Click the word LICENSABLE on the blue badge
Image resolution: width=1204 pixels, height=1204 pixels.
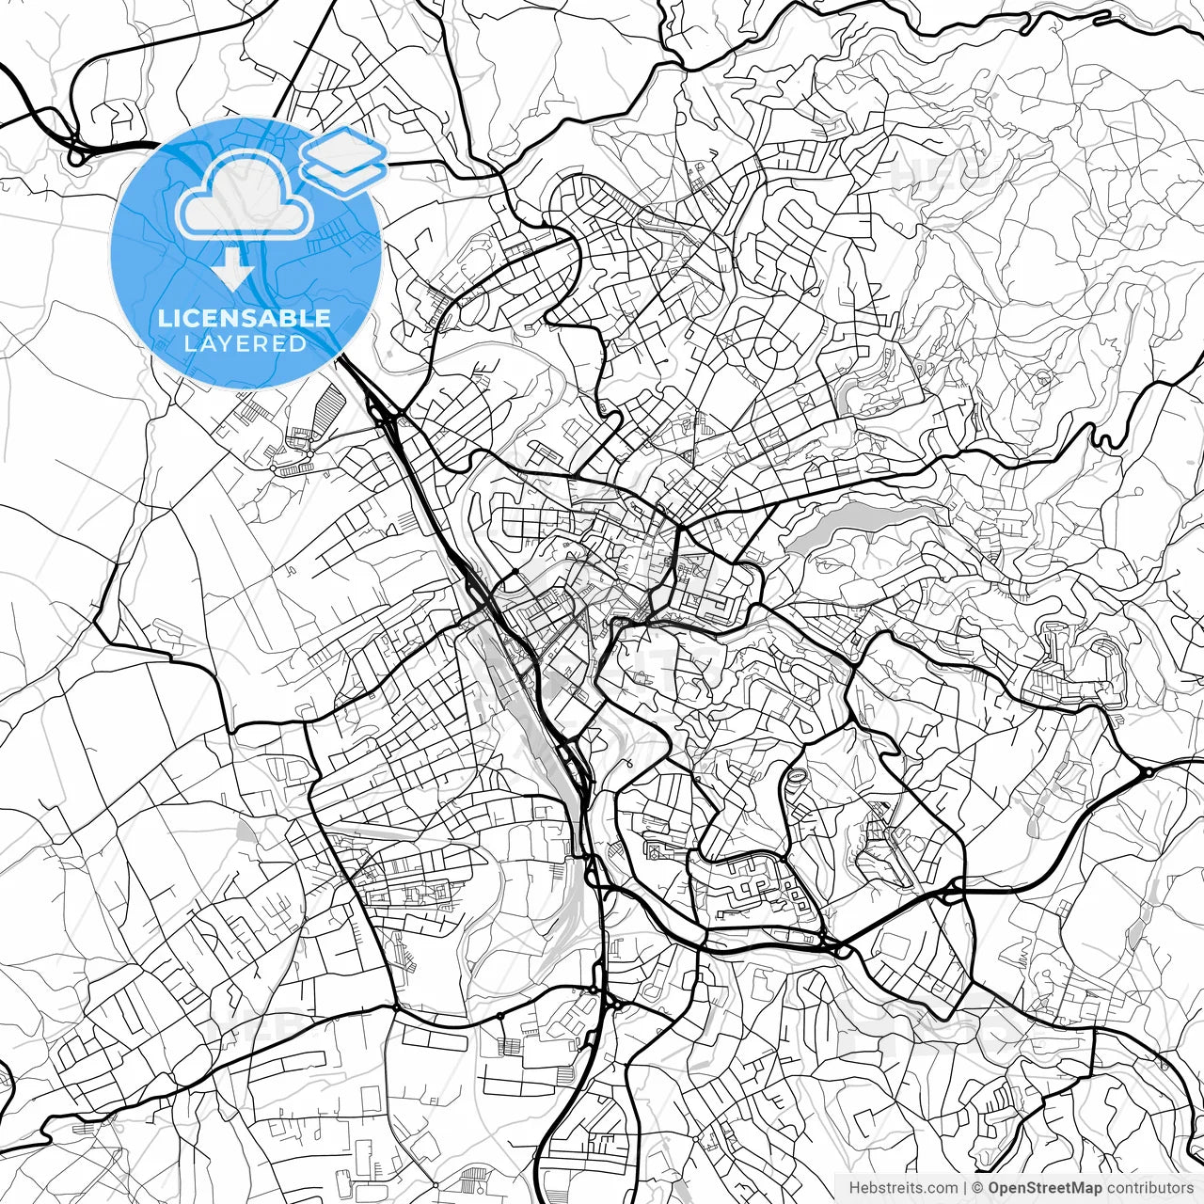click(x=245, y=318)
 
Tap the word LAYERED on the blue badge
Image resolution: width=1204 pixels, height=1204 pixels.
click(x=245, y=343)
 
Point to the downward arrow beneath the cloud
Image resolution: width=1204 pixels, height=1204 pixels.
click(x=232, y=270)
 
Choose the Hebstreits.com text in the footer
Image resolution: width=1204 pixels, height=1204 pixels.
click(x=903, y=1188)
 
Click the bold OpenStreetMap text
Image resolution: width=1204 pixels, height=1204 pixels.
click(x=1044, y=1188)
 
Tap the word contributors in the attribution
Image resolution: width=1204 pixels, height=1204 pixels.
click(x=1149, y=1188)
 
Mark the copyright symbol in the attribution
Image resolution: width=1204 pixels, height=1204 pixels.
click(x=978, y=1188)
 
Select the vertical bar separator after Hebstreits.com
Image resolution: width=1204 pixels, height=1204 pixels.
click(x=966, y=1188)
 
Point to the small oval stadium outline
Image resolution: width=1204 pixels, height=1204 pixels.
click(x=796, y=776)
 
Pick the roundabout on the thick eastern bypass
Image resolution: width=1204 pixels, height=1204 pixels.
click(x=1148, y=772)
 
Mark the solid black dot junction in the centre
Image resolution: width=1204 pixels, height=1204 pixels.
click(x=515, y=573)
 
